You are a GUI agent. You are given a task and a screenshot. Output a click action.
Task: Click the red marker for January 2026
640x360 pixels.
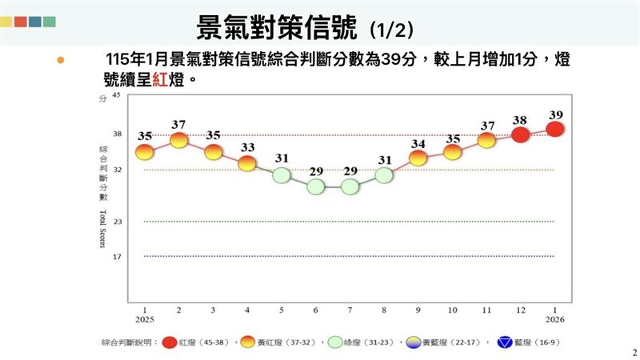click(555, 129)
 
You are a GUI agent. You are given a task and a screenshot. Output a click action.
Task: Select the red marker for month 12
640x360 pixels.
click(521, 134)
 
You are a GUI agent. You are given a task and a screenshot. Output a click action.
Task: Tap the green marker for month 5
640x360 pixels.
click(281, 175)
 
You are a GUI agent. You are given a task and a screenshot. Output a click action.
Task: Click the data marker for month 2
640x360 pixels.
click(178, 140)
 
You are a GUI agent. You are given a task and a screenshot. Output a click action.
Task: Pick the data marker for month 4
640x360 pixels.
click(247, 163)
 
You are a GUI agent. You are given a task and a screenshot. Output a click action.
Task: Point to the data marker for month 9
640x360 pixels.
click(418, 158)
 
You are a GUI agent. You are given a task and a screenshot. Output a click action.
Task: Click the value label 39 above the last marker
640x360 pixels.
click(555, 114)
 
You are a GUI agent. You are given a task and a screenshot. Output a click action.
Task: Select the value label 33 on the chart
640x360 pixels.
click(247, 147)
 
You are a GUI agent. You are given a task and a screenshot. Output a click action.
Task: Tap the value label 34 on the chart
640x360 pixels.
click(418, 143)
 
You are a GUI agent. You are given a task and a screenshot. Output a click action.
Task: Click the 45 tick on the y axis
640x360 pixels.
click(116, 95)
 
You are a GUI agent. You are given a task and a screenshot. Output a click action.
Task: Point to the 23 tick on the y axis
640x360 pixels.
click(116, 222)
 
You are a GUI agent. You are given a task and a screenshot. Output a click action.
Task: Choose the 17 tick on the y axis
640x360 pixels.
click(116, 256)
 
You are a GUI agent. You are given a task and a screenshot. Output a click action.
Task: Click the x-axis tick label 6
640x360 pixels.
click(316, 310)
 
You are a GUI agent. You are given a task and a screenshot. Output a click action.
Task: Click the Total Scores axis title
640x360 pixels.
click(103, 228)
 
